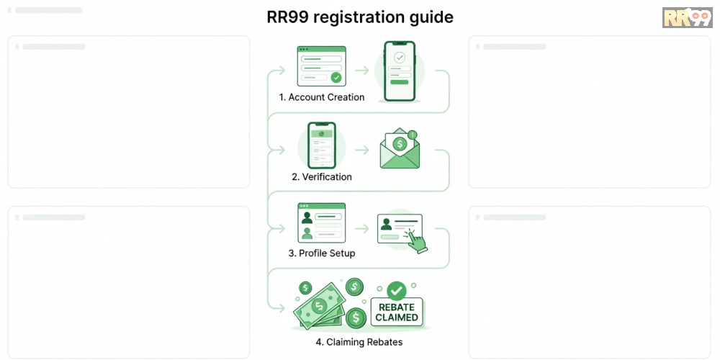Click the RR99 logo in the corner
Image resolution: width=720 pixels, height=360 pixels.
tap(687, 17)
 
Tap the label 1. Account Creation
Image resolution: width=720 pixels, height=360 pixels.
tap(321, 97)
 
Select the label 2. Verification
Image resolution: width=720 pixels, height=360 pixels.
tap(321, 177)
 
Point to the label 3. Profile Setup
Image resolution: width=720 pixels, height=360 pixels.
tap(321, 253)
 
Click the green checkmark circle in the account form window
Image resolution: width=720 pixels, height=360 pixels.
tap(336, 78)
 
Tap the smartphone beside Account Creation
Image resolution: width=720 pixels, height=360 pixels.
tap(400, 71)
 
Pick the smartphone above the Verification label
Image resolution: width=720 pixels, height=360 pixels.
tap(321, 145)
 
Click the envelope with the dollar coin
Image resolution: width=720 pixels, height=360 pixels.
tap(400, 148)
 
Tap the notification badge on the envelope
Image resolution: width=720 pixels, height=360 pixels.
tap(413, 135)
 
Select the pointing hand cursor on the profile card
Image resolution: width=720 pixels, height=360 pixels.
tap(416, 240)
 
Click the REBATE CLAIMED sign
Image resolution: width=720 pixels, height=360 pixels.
tap(397, 312)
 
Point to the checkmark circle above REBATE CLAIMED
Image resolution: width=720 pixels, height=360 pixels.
tap(397, 291)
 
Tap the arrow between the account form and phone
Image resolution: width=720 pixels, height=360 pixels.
tap(362, 71)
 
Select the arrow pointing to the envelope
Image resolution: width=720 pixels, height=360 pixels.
tap(362, 150)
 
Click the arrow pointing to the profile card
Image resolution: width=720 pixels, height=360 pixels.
tap(362, 228)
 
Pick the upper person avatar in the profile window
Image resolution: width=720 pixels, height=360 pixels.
tap(307, 217)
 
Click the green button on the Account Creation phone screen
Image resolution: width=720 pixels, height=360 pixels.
tap(399, 82)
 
